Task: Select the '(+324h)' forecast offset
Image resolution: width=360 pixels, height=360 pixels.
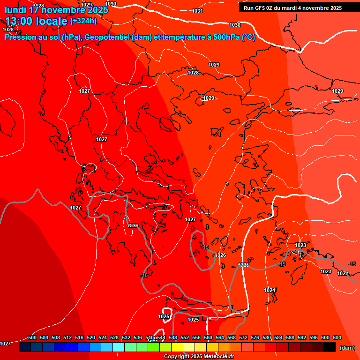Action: click(83, 21)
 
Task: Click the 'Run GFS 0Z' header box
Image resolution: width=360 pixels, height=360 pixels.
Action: click(292, 7)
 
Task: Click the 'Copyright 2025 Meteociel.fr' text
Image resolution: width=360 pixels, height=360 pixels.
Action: click(199, 356)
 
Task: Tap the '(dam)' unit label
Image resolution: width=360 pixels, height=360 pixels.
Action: click(347, 347)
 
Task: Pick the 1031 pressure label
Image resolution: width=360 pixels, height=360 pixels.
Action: click(197, 11)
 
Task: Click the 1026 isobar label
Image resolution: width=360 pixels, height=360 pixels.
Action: click(220, 255)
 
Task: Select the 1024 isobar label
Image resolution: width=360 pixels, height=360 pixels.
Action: click(270, 291)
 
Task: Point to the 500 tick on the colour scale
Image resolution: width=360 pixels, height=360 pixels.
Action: click(32, 337)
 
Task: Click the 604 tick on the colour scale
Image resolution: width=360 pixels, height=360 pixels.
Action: click(337, 337)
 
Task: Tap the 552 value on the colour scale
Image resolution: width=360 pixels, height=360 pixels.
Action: click(185, 337)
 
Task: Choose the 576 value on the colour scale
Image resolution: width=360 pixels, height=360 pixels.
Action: click(255, 337)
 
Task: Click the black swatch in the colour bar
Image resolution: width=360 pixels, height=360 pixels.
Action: click(329, 347)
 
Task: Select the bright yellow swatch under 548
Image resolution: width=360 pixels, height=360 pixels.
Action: click(177, 347)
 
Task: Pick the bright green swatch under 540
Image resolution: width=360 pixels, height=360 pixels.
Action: click(153, 347)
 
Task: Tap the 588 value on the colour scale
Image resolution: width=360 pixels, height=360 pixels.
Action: click(290, 337)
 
